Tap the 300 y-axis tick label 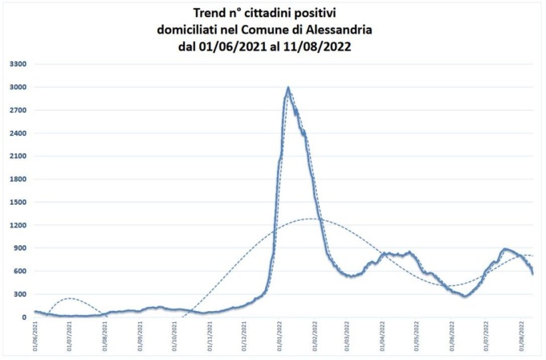coord(19,294)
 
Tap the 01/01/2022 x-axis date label coord(279,337)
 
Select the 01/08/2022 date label coord(522,337)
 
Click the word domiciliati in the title coord(190,30)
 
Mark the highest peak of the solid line coord(288,88)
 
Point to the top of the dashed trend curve coord(312,219)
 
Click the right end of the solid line coord(532,274)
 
